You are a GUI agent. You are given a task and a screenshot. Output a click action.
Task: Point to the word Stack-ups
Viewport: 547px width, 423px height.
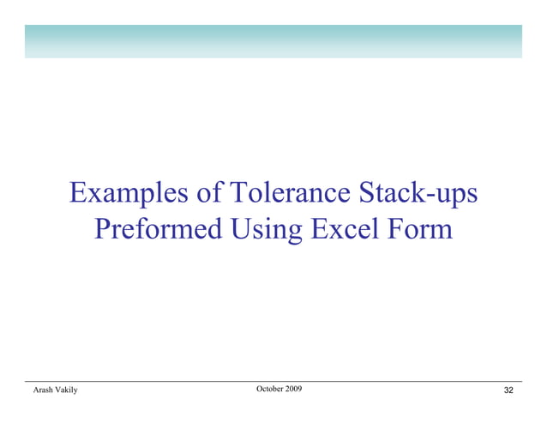(x=416, y=194)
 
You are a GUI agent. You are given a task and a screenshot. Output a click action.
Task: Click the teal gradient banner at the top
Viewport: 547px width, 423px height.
(x=273, y=41)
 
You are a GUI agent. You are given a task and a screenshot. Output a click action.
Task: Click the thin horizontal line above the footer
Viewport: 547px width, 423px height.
(x=273, y=381)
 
